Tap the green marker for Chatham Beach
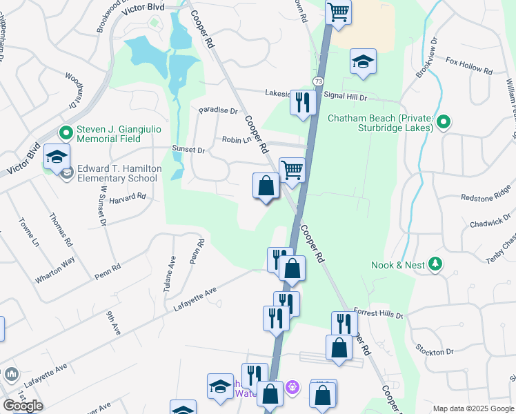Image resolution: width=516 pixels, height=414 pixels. coord(444,123)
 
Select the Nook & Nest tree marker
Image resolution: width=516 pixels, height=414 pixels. coord(435,264)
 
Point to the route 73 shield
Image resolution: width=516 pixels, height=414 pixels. coord(318,81)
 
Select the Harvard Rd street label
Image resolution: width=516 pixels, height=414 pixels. coord(131,196)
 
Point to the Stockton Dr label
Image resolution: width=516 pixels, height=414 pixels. coord(439,351)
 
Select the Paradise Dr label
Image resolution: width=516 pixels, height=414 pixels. coord(218,110)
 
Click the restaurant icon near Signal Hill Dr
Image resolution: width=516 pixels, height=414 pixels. coord(303,102)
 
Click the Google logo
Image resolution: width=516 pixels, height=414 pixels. coord(23,405)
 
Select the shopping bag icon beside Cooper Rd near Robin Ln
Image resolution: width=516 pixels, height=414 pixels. coord(266,185)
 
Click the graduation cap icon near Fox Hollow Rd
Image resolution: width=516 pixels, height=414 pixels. coord(362,61)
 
